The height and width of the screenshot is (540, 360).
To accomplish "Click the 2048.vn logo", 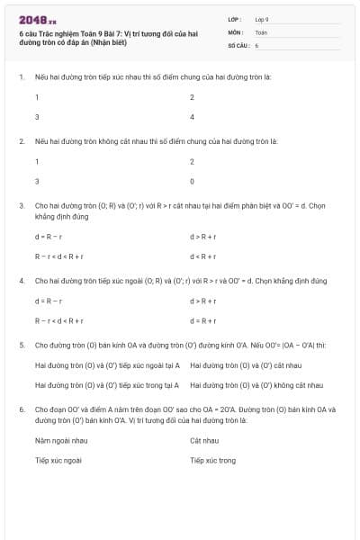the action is coord(37,19).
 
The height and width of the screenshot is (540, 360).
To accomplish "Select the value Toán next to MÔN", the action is coord(261,31).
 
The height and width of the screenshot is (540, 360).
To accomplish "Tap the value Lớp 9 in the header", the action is coord(262,19).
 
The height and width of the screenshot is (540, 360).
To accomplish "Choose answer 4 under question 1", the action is coord(192,117).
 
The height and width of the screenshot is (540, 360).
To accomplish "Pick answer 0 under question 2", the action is coord(192,181).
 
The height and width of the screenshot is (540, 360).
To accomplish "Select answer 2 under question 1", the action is coord(192,96).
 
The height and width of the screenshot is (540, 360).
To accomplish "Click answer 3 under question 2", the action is coord(37,181).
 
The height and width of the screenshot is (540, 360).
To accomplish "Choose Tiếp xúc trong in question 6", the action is coord(212,460).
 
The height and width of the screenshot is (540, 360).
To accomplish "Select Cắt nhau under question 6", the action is coord(204,440).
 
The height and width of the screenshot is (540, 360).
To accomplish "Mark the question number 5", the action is coord(22,344).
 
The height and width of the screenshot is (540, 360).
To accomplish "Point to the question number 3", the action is coord(22,205).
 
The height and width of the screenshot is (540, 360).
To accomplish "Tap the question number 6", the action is coord(22,408).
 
